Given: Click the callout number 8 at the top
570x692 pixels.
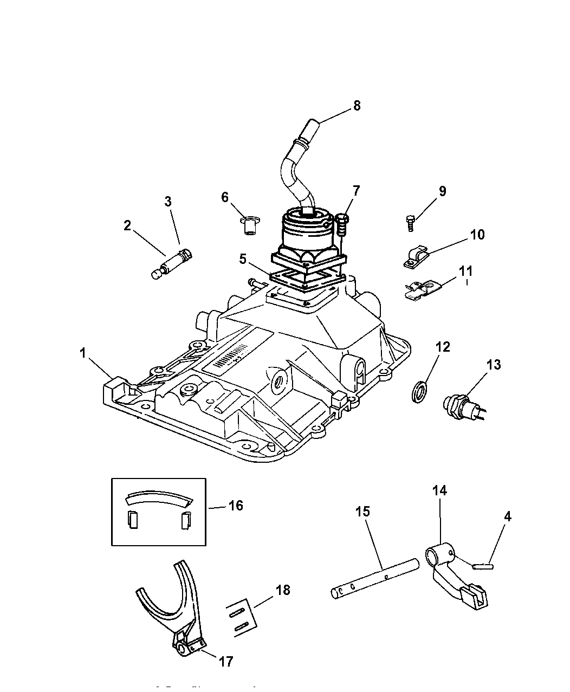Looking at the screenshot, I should tap(356, 105).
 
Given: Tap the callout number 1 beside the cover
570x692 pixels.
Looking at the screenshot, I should tap(83, 353).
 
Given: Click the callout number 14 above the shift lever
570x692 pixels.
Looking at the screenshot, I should tap(439, 491).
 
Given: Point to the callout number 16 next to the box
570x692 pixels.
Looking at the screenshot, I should tap(236, 506).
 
